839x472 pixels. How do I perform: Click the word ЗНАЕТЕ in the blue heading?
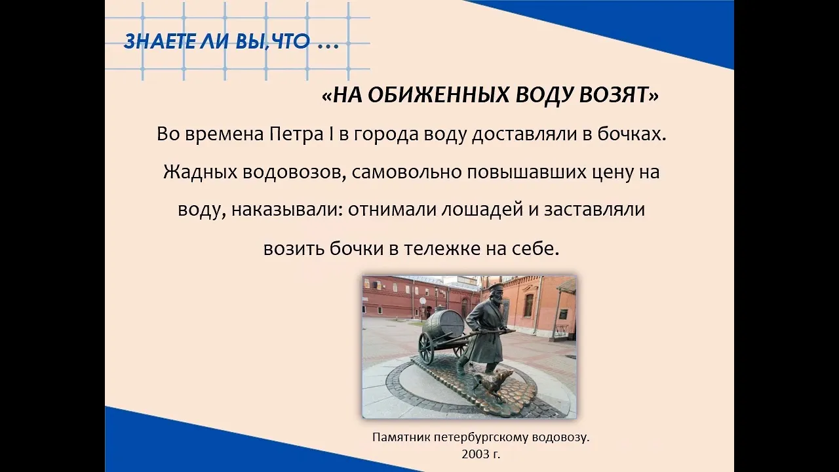[x=159, y=41]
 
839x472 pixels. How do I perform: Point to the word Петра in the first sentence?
[x=297, y=134]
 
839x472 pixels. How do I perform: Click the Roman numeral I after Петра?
[x=332, y=134]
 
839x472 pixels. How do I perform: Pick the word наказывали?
[x=287, y=210]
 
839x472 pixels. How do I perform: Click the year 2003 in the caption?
[x=475, y=454]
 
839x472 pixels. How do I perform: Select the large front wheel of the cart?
[x=426, y=348]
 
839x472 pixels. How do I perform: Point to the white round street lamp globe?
[x=423, y=300]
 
